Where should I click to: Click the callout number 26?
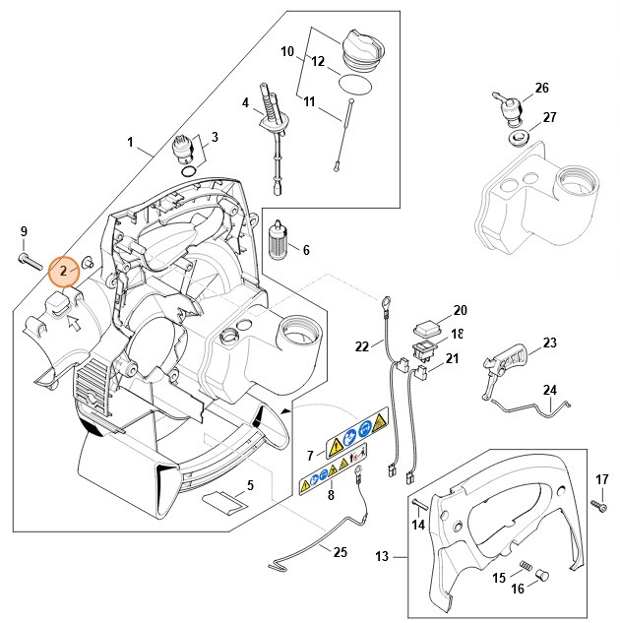[x=542, y=89]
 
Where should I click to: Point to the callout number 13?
[x=382, y=557]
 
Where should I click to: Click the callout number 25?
[x=340, y=552]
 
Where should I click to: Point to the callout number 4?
[x=245, y=102]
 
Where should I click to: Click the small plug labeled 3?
[x=184, y=151]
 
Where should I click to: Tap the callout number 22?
[x=362, y=345]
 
